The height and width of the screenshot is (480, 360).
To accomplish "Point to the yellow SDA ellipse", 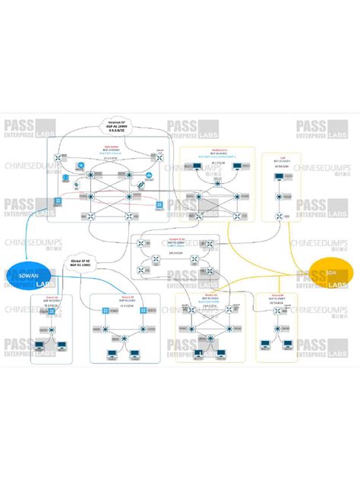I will pyautogui.click(x=332, y=274).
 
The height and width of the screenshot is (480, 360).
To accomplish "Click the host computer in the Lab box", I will pyautogui.click(x=278, y=179).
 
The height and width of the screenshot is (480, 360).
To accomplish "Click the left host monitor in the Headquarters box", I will pyautogui.click(x=197, y=165).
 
